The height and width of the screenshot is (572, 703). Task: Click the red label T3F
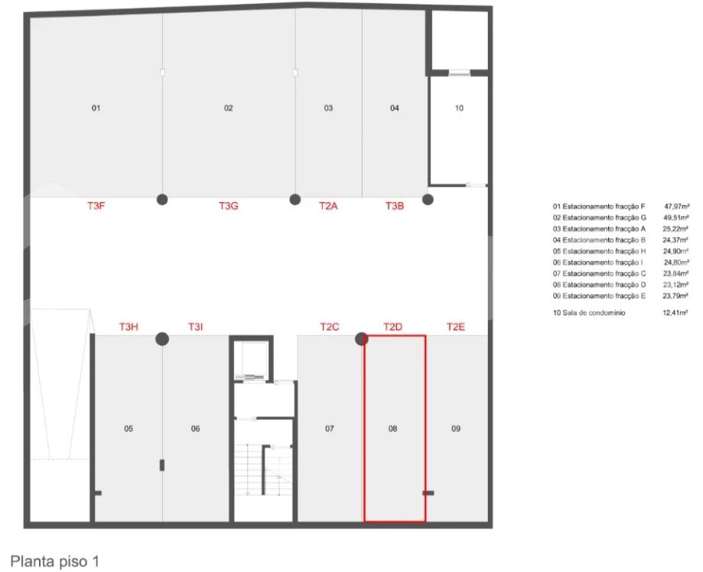click(x=96, y=206)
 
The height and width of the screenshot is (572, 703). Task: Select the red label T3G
click(x=228, y=206)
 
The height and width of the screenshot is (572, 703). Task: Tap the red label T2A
click(x=328, y=206)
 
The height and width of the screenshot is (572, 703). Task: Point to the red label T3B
click(x=395, y=206)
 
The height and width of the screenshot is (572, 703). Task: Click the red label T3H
click(x=129, y=327)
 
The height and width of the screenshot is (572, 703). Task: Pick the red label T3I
click(x=196, y=327)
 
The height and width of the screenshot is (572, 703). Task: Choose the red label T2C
click(x=330, y=327)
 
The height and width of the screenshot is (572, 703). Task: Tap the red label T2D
click(x=392, y=327)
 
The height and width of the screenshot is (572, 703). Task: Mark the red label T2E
click(x=455, y=327)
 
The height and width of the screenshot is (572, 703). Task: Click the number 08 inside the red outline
click(x=392, y=429)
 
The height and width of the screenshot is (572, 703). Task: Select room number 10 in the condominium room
click(x=459, y=108)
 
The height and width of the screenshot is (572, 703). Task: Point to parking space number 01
click(x=96, y=108)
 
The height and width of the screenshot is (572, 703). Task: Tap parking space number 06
click(x=196, y=429)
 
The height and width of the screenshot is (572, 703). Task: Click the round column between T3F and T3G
click(x=162, y=199)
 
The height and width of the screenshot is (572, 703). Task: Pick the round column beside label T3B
click(x=428, y=199)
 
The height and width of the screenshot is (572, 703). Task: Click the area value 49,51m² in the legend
click(x=676, y=217)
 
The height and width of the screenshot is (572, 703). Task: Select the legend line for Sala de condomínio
click(x=620, y=312)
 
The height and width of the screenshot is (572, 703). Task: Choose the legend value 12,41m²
click(x=675, y=312)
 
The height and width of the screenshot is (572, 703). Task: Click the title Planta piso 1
click(x=54, y=561)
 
